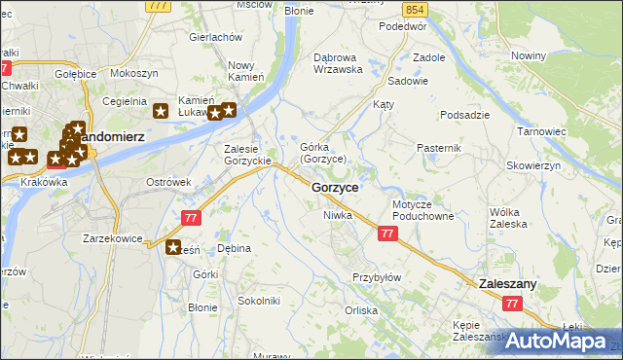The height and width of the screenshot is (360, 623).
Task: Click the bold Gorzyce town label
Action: point(335,187)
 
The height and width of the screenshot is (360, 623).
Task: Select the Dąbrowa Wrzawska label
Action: point(338,63)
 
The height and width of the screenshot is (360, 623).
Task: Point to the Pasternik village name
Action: point(436,147)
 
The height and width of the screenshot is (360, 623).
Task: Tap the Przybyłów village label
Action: point(377,277)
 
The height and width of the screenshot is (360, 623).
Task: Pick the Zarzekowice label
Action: point(112,238)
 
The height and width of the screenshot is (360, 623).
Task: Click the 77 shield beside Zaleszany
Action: point(512,305)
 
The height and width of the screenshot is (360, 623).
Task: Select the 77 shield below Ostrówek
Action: point(192,214)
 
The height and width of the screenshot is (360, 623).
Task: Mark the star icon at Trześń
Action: point(174,248)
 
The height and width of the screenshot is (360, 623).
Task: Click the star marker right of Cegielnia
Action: point(163,112)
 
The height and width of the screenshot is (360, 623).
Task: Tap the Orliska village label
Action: point(360,311)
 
